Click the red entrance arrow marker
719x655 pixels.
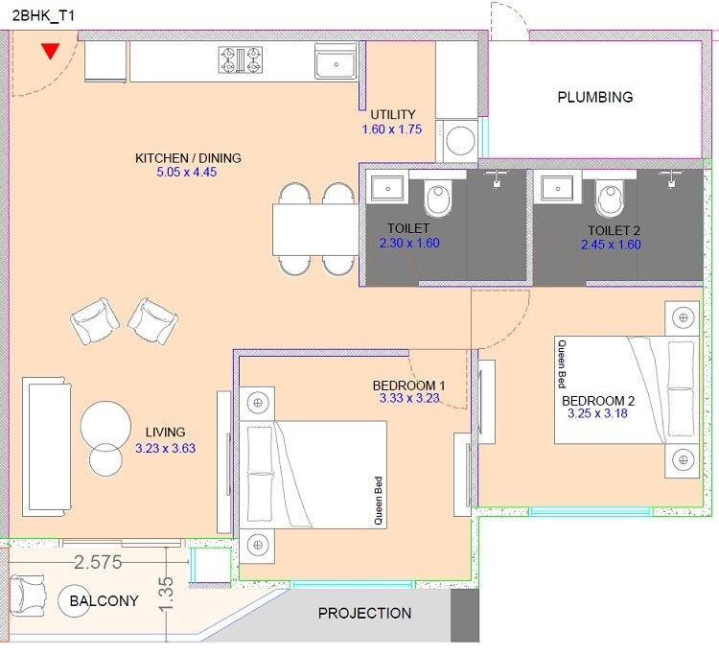point(50,52)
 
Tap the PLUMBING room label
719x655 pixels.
point(595,97)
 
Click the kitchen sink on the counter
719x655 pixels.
point(336,63)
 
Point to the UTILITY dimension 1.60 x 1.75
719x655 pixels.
point(391,129)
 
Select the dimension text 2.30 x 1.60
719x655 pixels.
point(409,244)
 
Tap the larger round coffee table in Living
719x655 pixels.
point(106,423)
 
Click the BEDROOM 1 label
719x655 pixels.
point(408,385)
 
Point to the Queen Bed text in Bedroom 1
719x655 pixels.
point(379,502)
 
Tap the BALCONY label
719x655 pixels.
point(104,601)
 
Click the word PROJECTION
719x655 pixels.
point(364,613)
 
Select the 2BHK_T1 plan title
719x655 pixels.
point(37,13)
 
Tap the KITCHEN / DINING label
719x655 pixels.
point(188,158)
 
